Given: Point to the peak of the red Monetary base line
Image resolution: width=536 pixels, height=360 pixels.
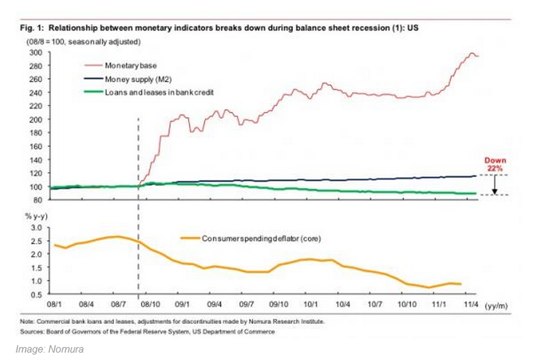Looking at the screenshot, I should coord(471,54).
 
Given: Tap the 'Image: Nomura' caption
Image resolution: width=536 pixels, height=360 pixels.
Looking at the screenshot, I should coord(49,349).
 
